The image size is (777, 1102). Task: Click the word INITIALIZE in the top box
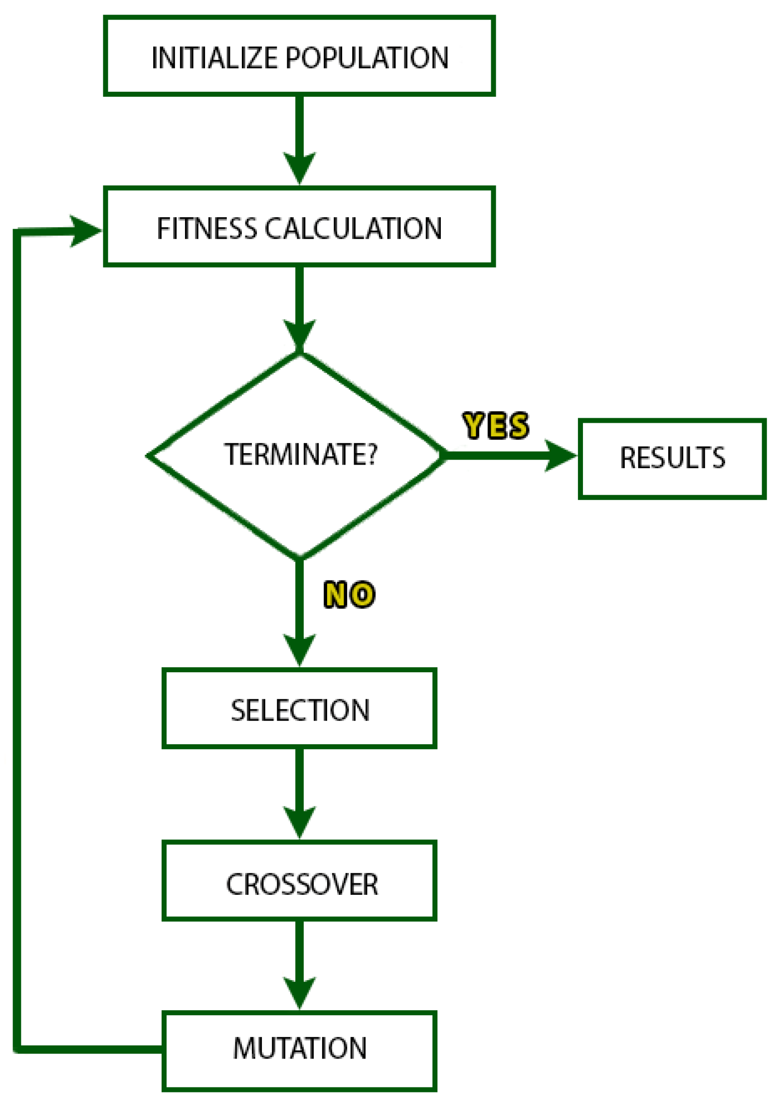214,58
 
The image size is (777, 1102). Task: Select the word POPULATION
367,58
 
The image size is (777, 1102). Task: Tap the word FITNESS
206,229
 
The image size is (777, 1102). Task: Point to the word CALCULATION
353,229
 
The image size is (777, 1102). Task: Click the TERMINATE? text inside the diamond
300,455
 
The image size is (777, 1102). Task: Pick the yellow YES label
495,426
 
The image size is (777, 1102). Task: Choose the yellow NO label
349,594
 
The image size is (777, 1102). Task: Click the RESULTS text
672,458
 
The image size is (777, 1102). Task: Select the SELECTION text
300,711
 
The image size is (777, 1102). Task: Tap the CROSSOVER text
302,885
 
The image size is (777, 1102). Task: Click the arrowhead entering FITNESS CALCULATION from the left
86,231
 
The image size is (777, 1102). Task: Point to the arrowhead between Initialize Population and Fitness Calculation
299,168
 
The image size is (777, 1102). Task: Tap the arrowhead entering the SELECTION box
299,649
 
